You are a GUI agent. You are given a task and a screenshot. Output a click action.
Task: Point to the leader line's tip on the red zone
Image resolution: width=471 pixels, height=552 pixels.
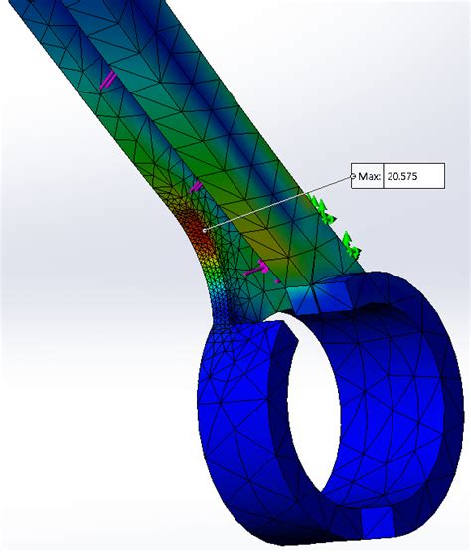[205, 231]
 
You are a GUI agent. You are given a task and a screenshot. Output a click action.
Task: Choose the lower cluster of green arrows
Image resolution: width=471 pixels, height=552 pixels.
[350, 242]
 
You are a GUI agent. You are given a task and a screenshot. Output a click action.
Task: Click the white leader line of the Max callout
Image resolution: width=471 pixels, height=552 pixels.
[278, 205]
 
